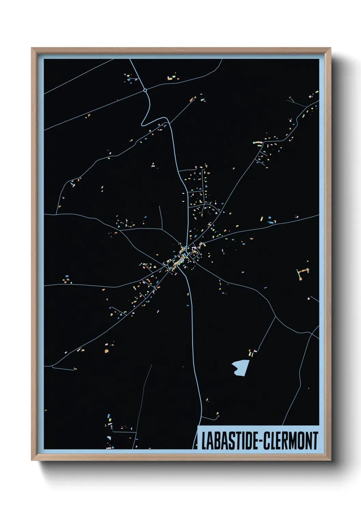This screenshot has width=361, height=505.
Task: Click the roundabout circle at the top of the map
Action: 145,90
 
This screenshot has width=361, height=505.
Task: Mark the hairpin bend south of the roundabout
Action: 144,122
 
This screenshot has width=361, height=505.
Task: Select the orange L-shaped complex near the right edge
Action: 302,273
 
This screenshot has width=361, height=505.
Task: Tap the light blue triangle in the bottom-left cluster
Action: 109,438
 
